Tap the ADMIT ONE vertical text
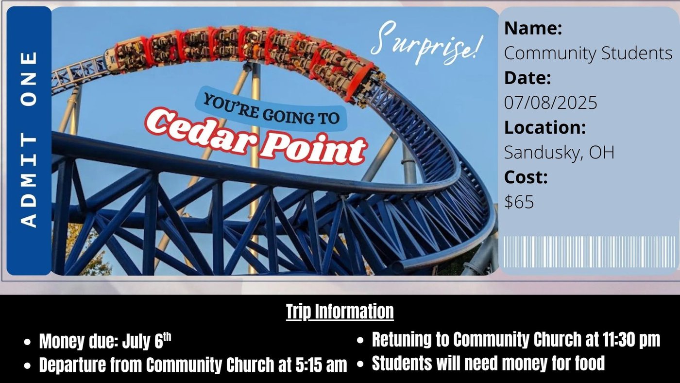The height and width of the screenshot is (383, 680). [29, 139]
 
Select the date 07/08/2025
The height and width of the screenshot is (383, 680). [550, 103]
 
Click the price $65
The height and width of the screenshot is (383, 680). [519, 201]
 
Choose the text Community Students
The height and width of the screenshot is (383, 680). [588, 53]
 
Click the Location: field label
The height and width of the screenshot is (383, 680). [545, 127]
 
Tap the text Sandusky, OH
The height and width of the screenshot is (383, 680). [559, 152]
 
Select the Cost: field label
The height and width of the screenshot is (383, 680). [526, 177]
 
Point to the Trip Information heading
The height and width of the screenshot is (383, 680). [340, 312]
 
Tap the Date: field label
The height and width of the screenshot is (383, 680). [527, 78]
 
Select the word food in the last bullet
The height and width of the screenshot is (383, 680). [590, 363]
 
